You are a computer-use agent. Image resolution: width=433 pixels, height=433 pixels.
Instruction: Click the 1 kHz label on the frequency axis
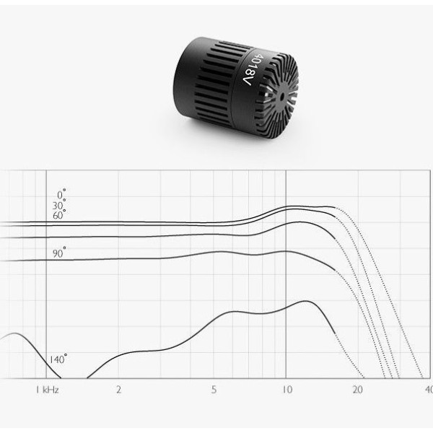point(47,390)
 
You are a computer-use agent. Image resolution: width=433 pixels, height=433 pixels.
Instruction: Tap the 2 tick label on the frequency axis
point(118,390)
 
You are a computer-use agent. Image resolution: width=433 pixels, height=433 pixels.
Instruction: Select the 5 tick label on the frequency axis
point(214,390)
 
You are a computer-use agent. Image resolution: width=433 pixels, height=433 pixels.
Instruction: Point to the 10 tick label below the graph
point(287,390)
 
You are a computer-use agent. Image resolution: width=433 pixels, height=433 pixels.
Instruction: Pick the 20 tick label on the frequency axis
point(358,390)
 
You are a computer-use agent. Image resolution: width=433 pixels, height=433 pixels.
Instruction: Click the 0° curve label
point(61,194)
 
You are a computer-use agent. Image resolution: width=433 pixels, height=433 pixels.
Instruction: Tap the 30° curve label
point(59,205)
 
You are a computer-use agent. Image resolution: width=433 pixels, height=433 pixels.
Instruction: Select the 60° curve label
point(59,214)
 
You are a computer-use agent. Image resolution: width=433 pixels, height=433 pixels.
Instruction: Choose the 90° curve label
point(59,253)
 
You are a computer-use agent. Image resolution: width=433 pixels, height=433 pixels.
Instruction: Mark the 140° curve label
point(58,359)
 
